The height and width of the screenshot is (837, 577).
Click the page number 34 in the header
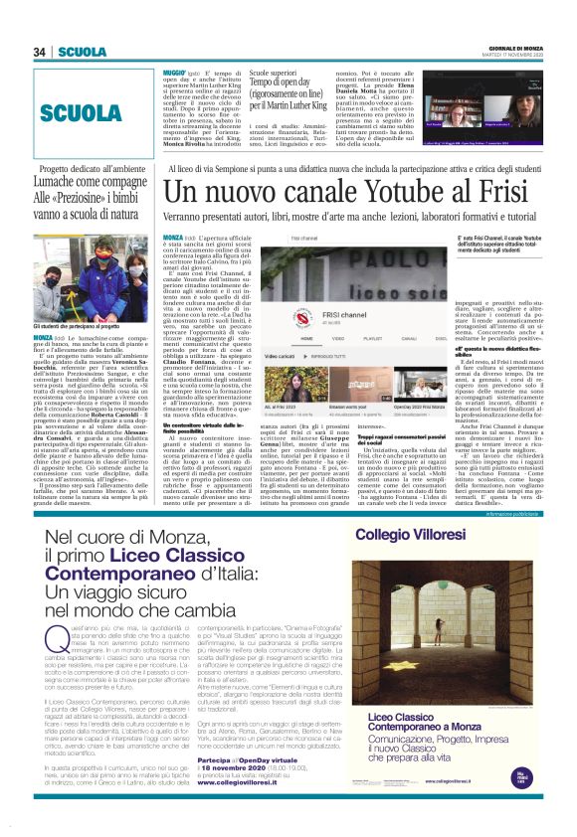click(39, 24)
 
